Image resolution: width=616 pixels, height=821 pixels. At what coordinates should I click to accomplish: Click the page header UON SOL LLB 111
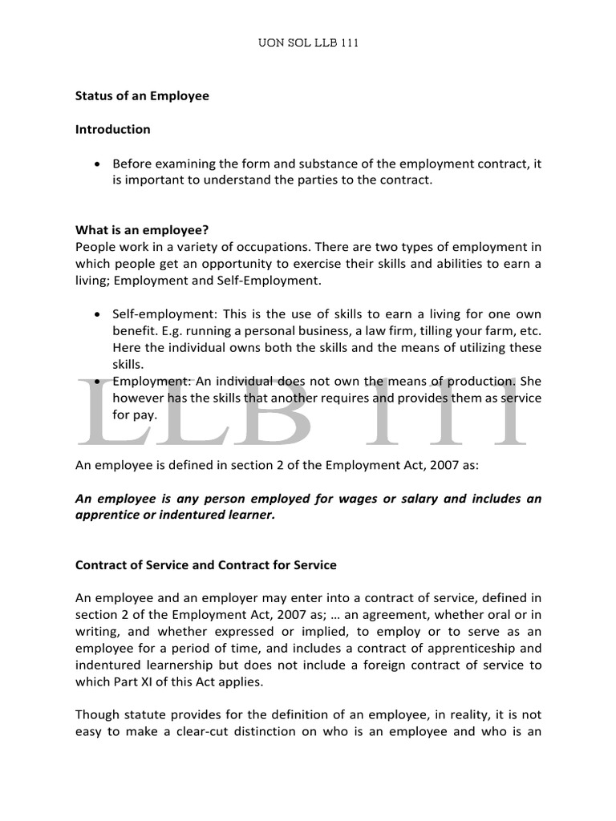(307, 43)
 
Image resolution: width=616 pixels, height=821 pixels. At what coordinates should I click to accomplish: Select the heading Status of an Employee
(142, 96)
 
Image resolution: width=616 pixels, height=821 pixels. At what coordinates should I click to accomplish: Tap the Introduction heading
(112, 129)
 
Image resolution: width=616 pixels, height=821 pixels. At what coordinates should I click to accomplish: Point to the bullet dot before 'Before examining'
(97, 164)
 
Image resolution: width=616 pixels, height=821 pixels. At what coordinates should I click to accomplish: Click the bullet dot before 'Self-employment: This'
(97, 313)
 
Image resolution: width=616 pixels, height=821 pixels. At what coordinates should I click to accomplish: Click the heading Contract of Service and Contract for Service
(206, 565)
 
